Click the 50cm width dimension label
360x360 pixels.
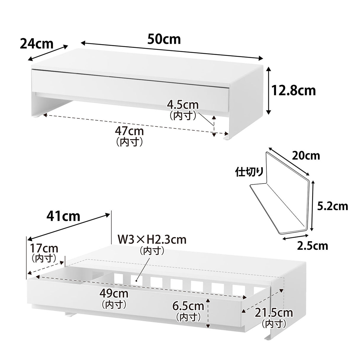pos(164,39)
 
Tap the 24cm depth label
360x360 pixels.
pos(37,44)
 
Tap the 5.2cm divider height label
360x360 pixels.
pos(332,206)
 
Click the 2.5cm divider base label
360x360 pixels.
pos(313,246)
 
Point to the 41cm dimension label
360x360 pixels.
pos(63,216)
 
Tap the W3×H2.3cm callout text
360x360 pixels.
pos(152,240)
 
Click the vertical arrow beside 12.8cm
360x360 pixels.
pos(269,91)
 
